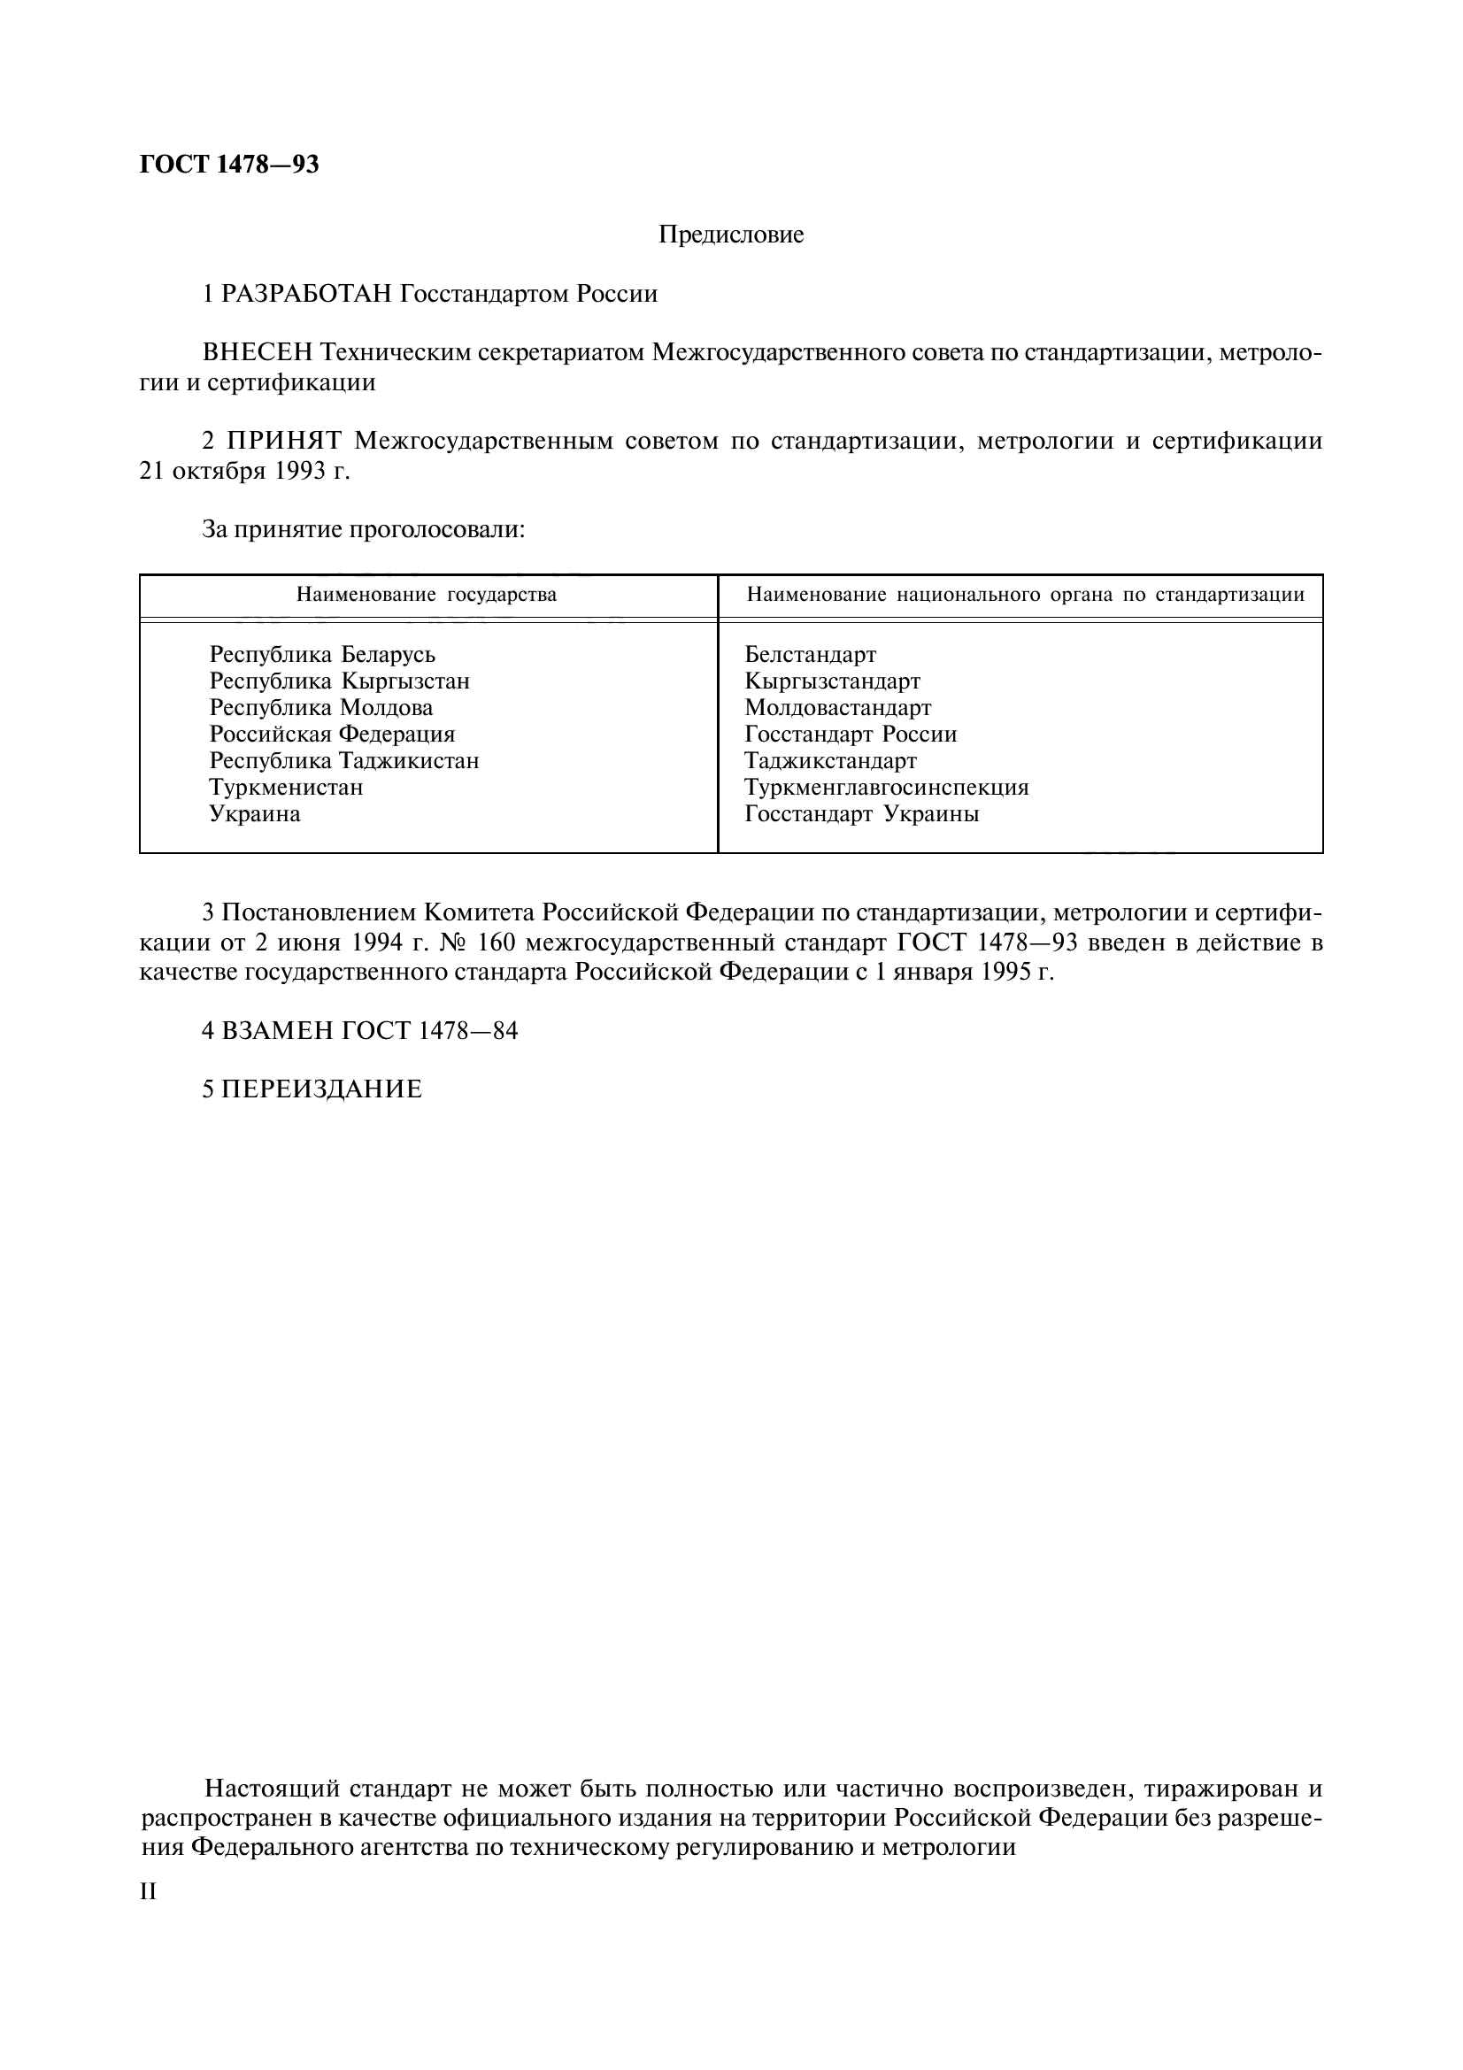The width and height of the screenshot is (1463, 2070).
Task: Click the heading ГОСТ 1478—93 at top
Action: [229, 165]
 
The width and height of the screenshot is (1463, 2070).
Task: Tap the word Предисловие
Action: [730, 235]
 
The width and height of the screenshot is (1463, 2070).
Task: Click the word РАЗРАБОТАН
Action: [306, 294]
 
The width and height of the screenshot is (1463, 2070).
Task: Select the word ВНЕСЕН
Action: [258, 352]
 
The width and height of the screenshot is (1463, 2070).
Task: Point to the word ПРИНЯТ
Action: [284, 441]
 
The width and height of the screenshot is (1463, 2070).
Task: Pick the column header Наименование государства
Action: [427, 595]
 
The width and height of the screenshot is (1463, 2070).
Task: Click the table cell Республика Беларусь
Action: [322, 655]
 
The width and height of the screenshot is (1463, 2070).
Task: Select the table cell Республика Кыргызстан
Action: [339, 681]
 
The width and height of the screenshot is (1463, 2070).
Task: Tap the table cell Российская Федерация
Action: [332, 734]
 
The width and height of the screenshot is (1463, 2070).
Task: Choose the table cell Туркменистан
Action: [286, 787]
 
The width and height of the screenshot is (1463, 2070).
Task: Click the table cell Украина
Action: [254, 814]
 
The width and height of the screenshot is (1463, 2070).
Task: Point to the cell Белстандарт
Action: [810, 655]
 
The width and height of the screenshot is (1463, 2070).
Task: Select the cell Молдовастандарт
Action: [837, 708]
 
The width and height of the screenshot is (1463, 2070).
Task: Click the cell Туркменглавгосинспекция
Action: [886, 787]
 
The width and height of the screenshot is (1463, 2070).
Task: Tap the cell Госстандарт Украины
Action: [861, 814]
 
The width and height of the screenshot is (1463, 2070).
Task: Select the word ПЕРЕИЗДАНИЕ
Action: [322, 1089]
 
